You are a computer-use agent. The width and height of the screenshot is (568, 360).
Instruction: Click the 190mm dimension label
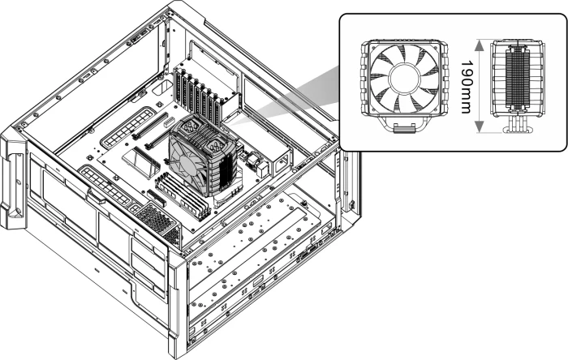(467, 87)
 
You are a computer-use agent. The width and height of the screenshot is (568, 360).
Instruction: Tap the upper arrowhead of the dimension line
(479, 45)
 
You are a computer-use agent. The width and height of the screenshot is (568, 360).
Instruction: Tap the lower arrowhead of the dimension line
(479, 126)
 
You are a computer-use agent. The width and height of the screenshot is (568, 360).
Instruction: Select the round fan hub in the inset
(404, 79)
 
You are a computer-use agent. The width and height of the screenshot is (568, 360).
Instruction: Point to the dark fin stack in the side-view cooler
(517, 77)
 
